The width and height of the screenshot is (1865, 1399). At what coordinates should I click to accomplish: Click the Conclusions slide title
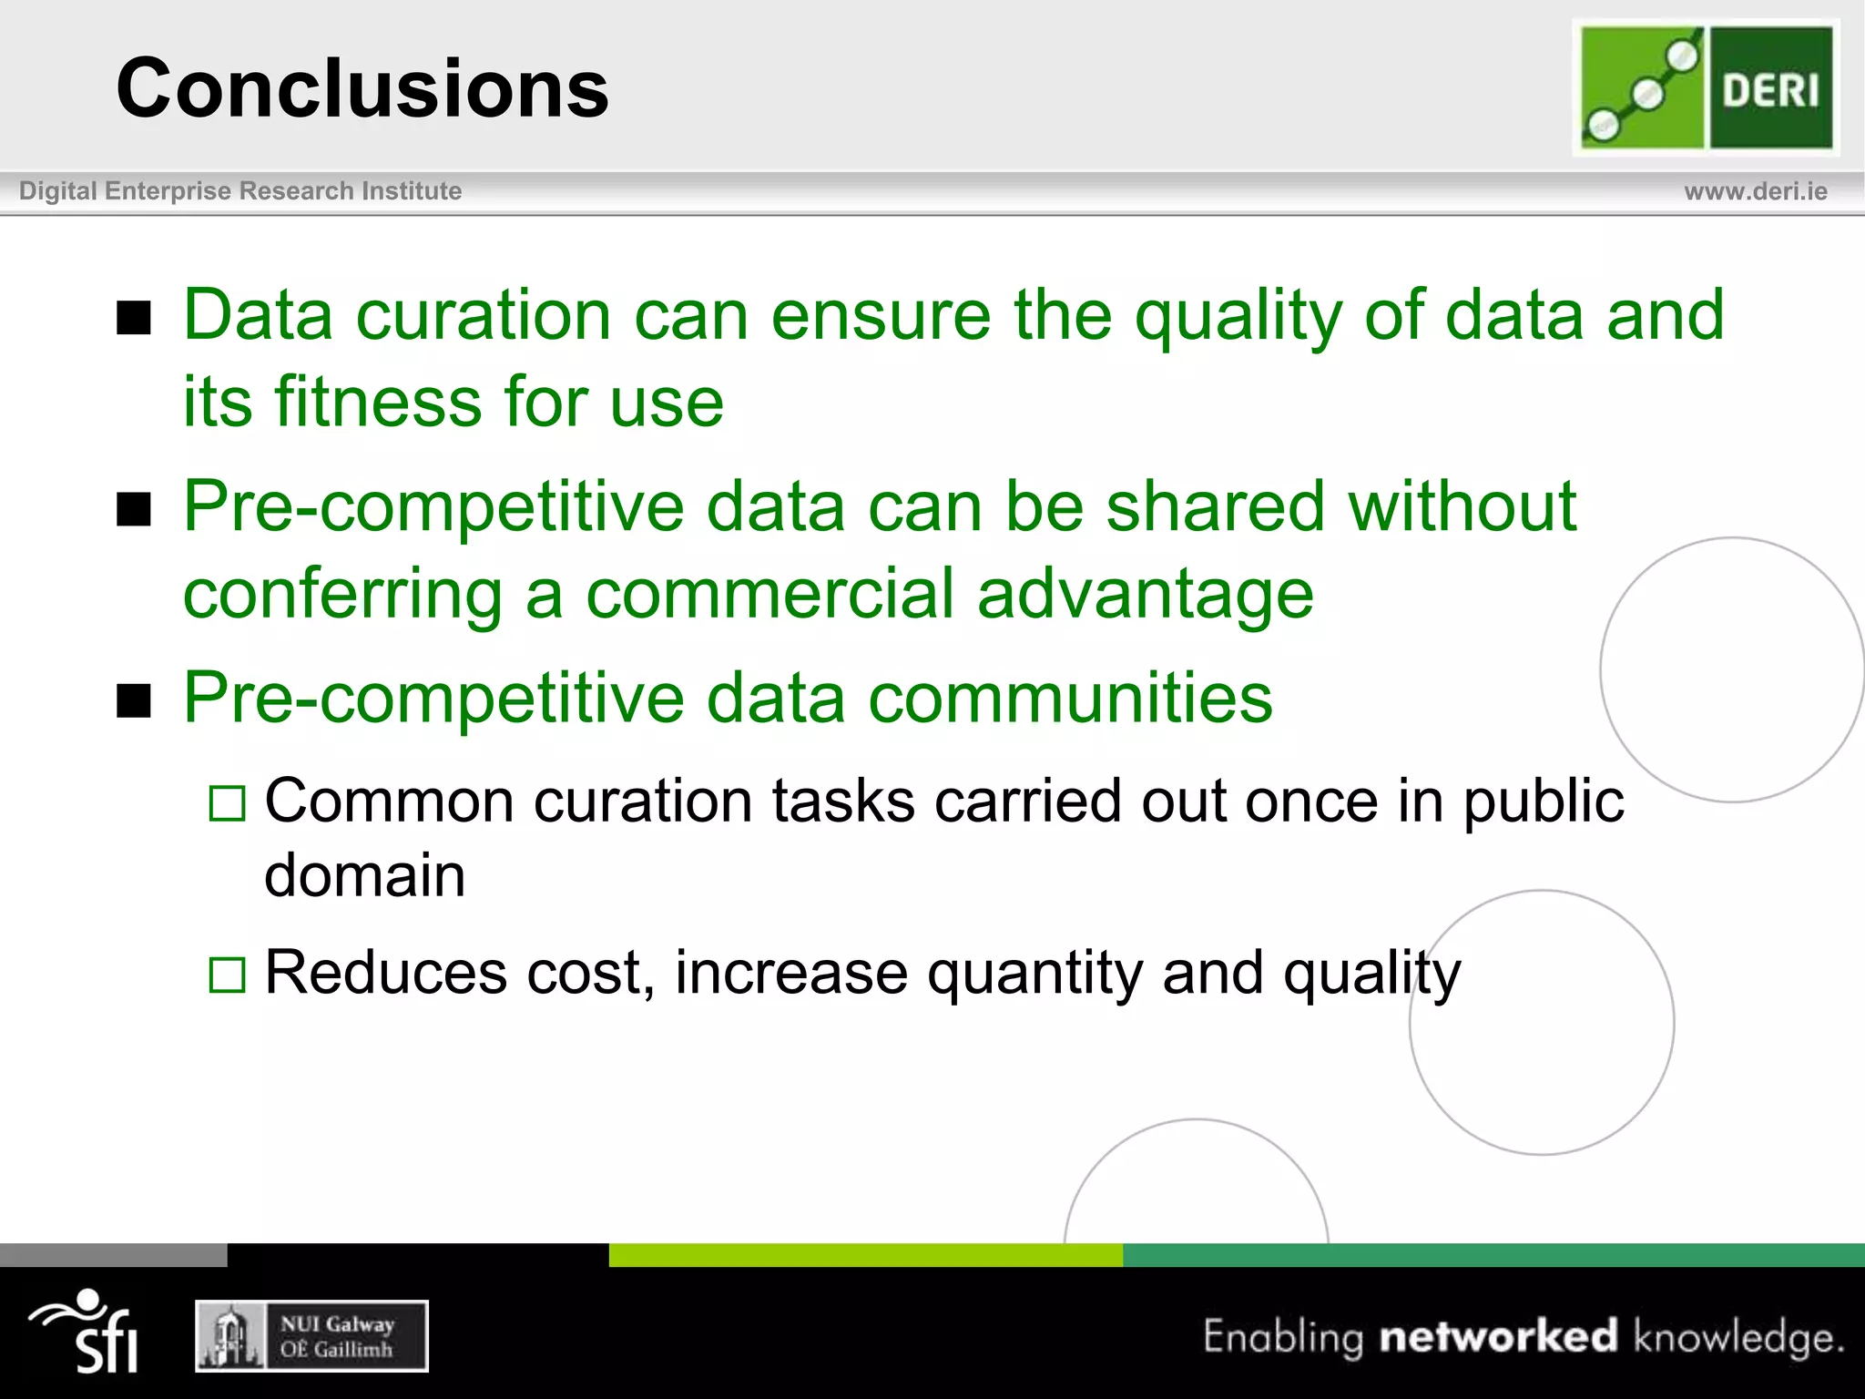362,88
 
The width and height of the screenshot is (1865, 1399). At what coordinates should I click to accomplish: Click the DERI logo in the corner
1706,87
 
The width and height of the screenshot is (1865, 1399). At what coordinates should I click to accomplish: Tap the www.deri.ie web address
1755,191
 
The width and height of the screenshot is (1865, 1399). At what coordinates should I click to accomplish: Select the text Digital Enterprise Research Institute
240,191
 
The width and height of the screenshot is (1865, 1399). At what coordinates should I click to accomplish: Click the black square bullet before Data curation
134,318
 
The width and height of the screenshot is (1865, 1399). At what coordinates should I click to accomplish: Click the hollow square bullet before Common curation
227,803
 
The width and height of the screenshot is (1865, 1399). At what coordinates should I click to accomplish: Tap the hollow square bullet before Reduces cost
227,975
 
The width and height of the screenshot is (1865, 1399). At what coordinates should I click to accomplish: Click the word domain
364,876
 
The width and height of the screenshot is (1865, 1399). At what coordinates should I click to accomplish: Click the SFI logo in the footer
87,1332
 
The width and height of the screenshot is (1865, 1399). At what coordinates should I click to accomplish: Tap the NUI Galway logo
311,1336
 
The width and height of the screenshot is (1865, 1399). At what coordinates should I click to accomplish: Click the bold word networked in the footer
1498,1336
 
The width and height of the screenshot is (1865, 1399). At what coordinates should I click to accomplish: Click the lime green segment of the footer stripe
865,1254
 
